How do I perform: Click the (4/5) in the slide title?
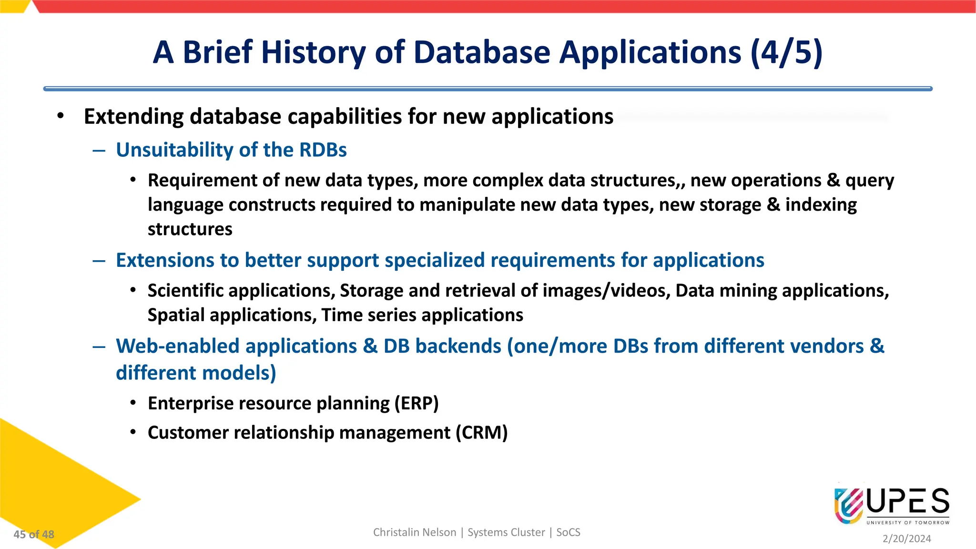(x=786, y=52)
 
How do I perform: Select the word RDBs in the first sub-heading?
(x=323, y=150)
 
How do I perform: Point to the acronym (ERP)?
(x=416, y=404)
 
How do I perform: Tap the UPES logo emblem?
(x=848, y=505)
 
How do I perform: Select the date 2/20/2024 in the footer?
(x=906, y=539)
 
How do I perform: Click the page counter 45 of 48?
(x=34, y=535)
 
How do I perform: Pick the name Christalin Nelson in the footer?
(x=414, y=532)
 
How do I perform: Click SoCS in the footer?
(x=568, y=532)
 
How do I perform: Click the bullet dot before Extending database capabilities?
(x=60, y=116)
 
